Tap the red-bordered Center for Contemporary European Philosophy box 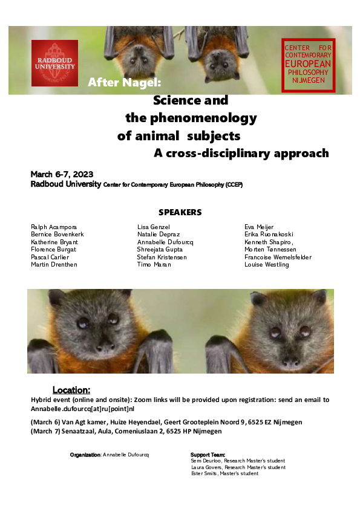pyautogui.click(x=308, y=63)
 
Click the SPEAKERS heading pyautogui.click(x=180, y=212)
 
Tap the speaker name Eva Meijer pyautogui.click(x=259, y=226)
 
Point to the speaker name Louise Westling pyautogui.click(x=266, y=265)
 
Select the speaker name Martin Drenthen pyautogui.click(x=54, y=265)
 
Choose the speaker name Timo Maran pyautogui.click(x=154, y=265)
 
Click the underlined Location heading pyautogui.click(x=71, y=390)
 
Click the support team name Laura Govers pyautogui.click(x=207, y=467)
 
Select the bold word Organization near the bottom pyautogui.click(x=85, y=454)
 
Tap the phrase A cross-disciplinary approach pyautogui.click(x=241, y=153)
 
